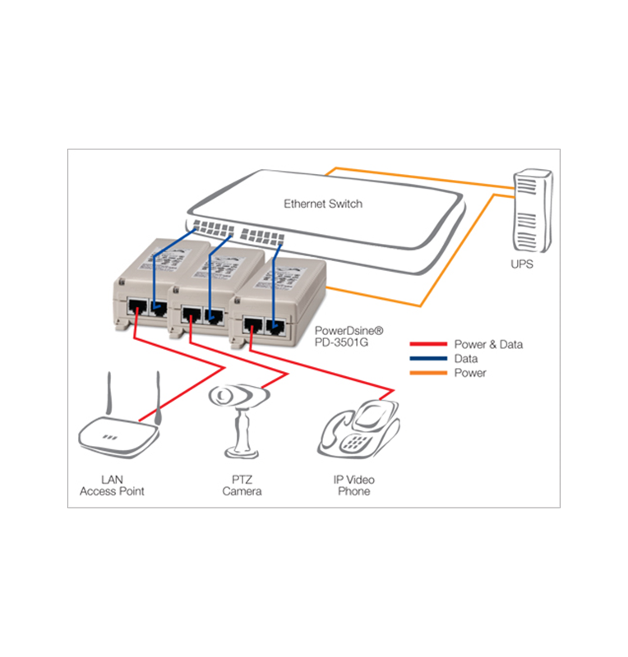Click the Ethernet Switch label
click(x=323, y=203)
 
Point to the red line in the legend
click(x=427, y=344)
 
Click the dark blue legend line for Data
click(x=427, y=359)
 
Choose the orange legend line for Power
click(x=427, y=373)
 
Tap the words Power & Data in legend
click(x=488, y=344)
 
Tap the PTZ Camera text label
click(x=242, y=485)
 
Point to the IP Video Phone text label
click(x=354, y=485)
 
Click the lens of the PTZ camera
click(x=223, y=397)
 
